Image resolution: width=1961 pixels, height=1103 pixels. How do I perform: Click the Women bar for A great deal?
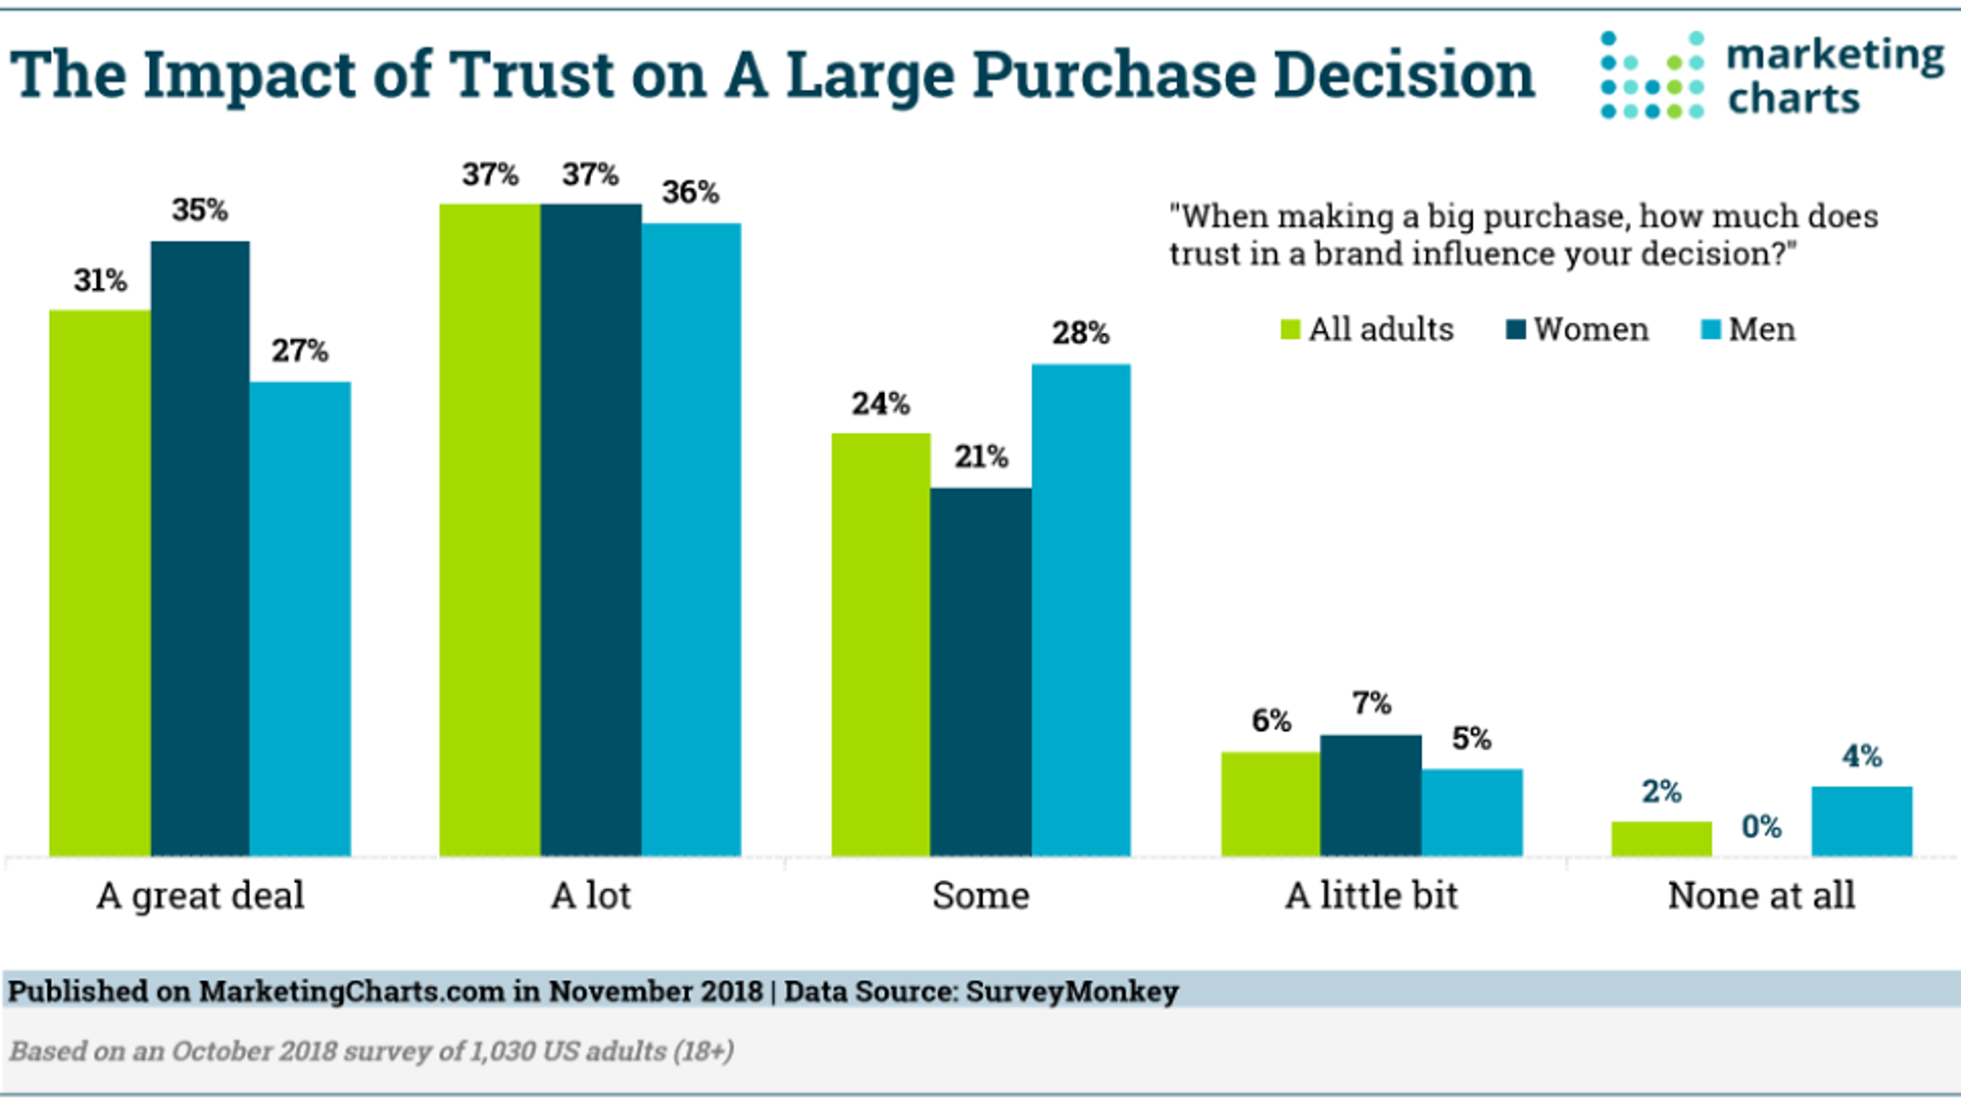200,548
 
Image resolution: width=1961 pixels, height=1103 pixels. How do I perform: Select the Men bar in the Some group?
1081,609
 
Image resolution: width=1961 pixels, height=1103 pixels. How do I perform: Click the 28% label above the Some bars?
1081,332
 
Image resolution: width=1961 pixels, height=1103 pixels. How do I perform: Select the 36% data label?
690,192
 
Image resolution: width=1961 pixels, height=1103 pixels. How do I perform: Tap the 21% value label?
981,457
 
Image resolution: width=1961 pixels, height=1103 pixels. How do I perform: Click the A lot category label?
591,895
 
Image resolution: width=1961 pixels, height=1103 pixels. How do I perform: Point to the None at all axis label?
1761,895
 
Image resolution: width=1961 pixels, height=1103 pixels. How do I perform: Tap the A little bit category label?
1371,895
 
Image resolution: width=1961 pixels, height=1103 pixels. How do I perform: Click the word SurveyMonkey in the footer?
1072,991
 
